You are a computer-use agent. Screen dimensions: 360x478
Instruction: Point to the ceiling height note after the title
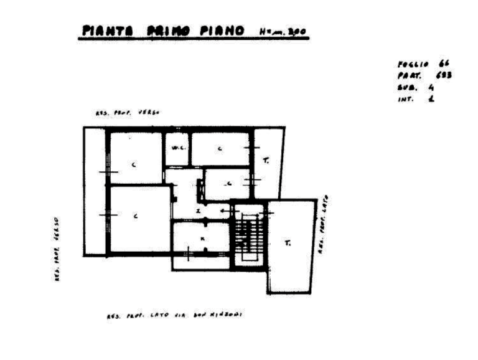click(284, 32)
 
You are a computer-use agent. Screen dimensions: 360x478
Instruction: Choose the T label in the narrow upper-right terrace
click(266, 161)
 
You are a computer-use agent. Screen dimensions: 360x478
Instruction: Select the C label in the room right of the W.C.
click(219, 149)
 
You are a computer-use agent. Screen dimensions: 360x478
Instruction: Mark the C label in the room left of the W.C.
click(133, 164)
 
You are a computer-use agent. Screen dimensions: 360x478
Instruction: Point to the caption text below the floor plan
click(177, 315)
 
